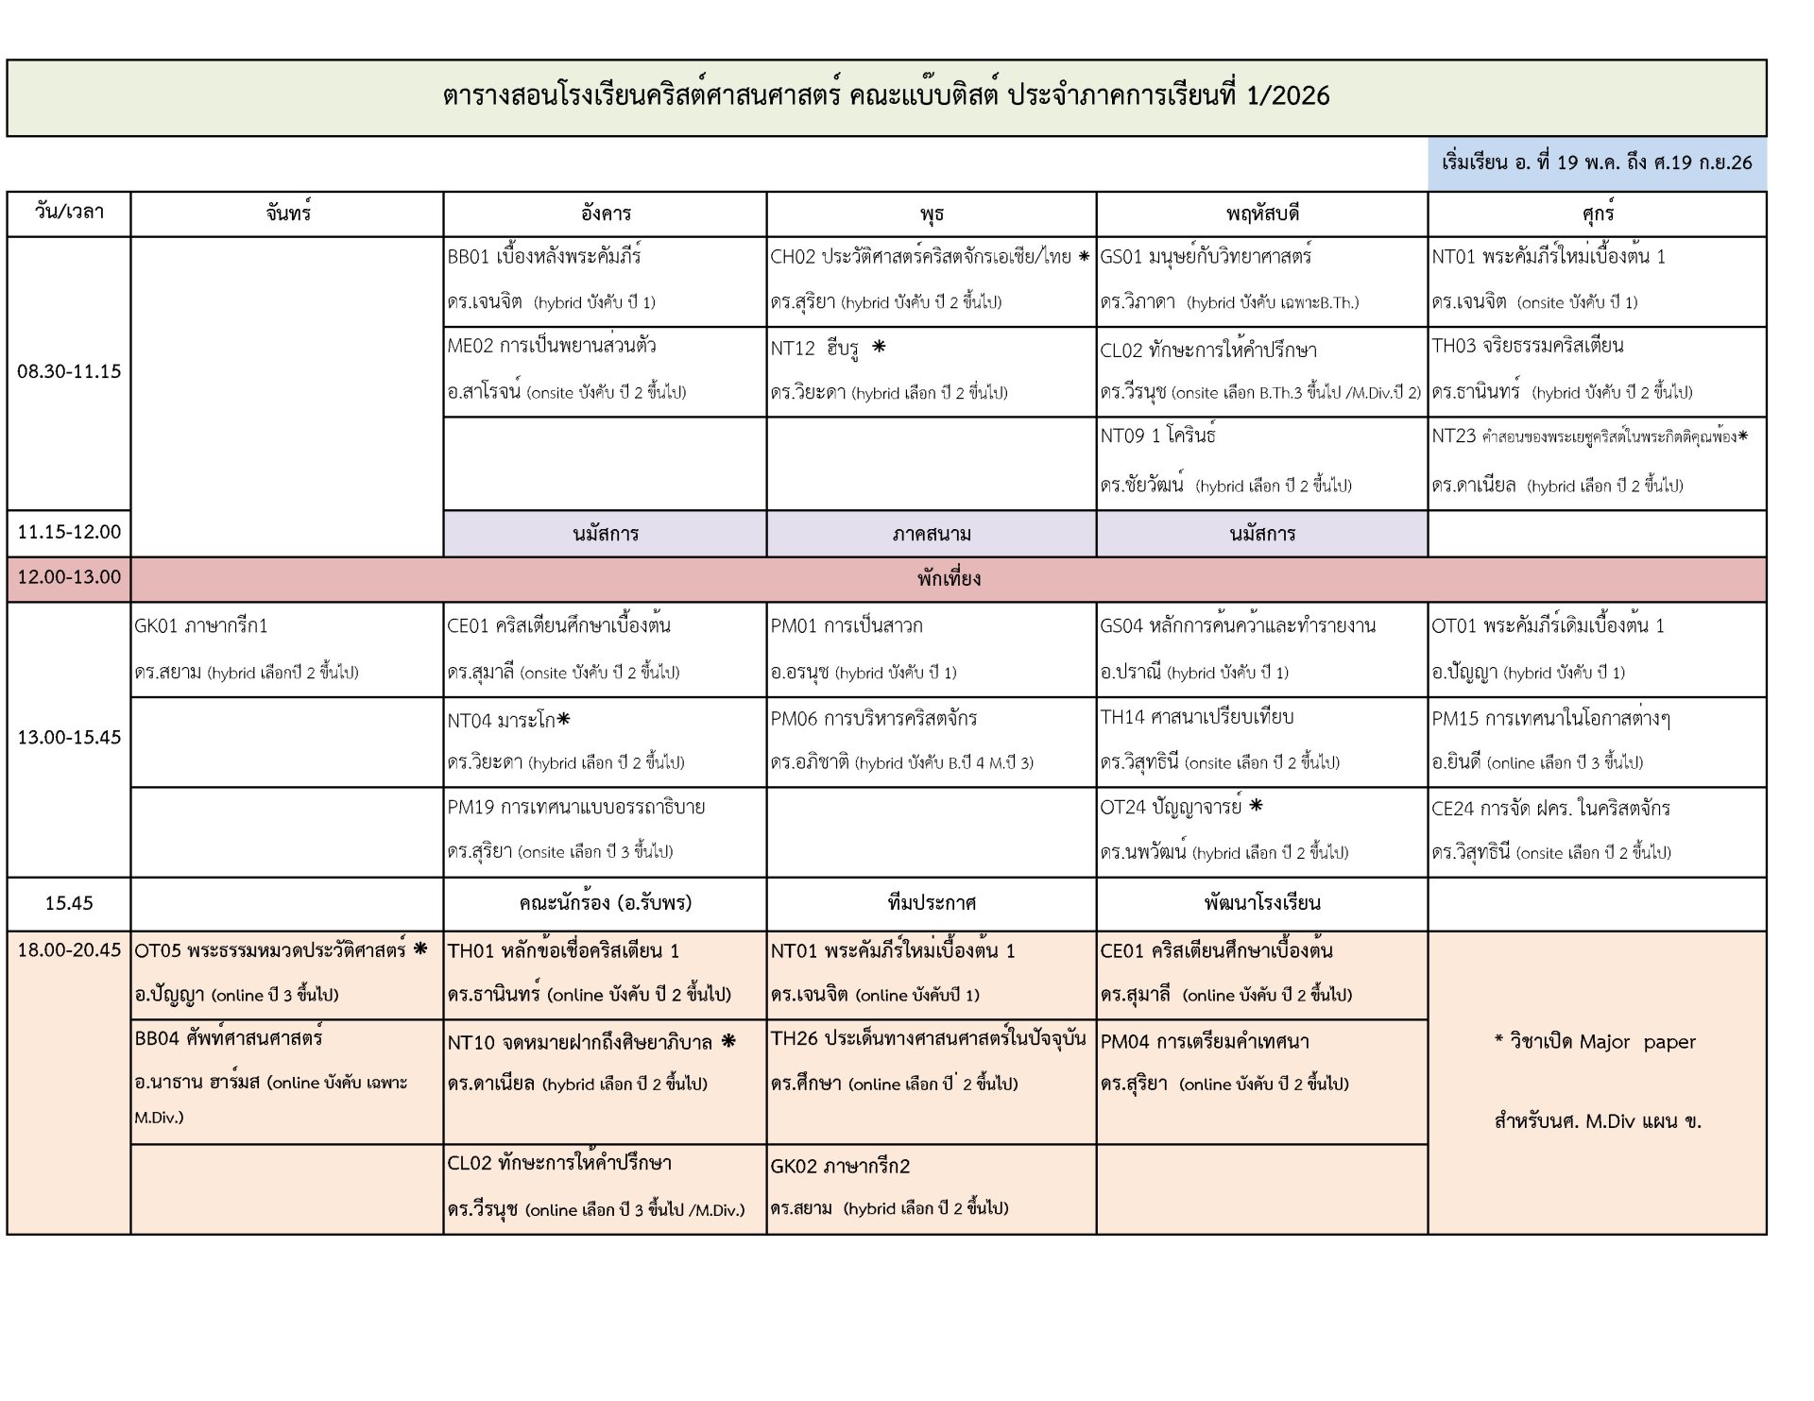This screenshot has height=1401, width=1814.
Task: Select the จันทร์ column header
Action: (288, 214)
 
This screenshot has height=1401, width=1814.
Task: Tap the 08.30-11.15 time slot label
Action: (69, 371)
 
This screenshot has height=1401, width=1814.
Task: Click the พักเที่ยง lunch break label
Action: (949, 578)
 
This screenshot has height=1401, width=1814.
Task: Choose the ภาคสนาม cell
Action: (932, 534)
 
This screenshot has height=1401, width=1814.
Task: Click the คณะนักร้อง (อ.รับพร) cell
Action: (605, 903)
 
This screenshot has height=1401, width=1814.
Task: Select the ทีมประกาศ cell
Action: (932, 903)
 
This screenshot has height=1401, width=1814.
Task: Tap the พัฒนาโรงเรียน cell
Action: (1262, 903)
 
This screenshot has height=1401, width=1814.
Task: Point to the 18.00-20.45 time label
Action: (69, 950)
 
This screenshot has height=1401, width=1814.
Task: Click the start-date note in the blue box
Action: (1597, 162)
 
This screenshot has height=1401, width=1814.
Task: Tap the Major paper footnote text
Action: (1597, 1042)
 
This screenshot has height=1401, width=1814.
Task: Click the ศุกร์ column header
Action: (1598, 214)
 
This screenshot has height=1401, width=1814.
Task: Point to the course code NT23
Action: (1453, 436)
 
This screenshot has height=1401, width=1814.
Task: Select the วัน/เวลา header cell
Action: (69, 213)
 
